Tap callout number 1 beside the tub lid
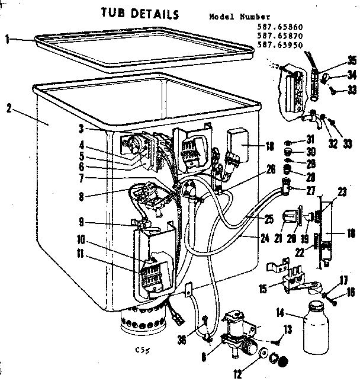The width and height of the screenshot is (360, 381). [7, 40]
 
